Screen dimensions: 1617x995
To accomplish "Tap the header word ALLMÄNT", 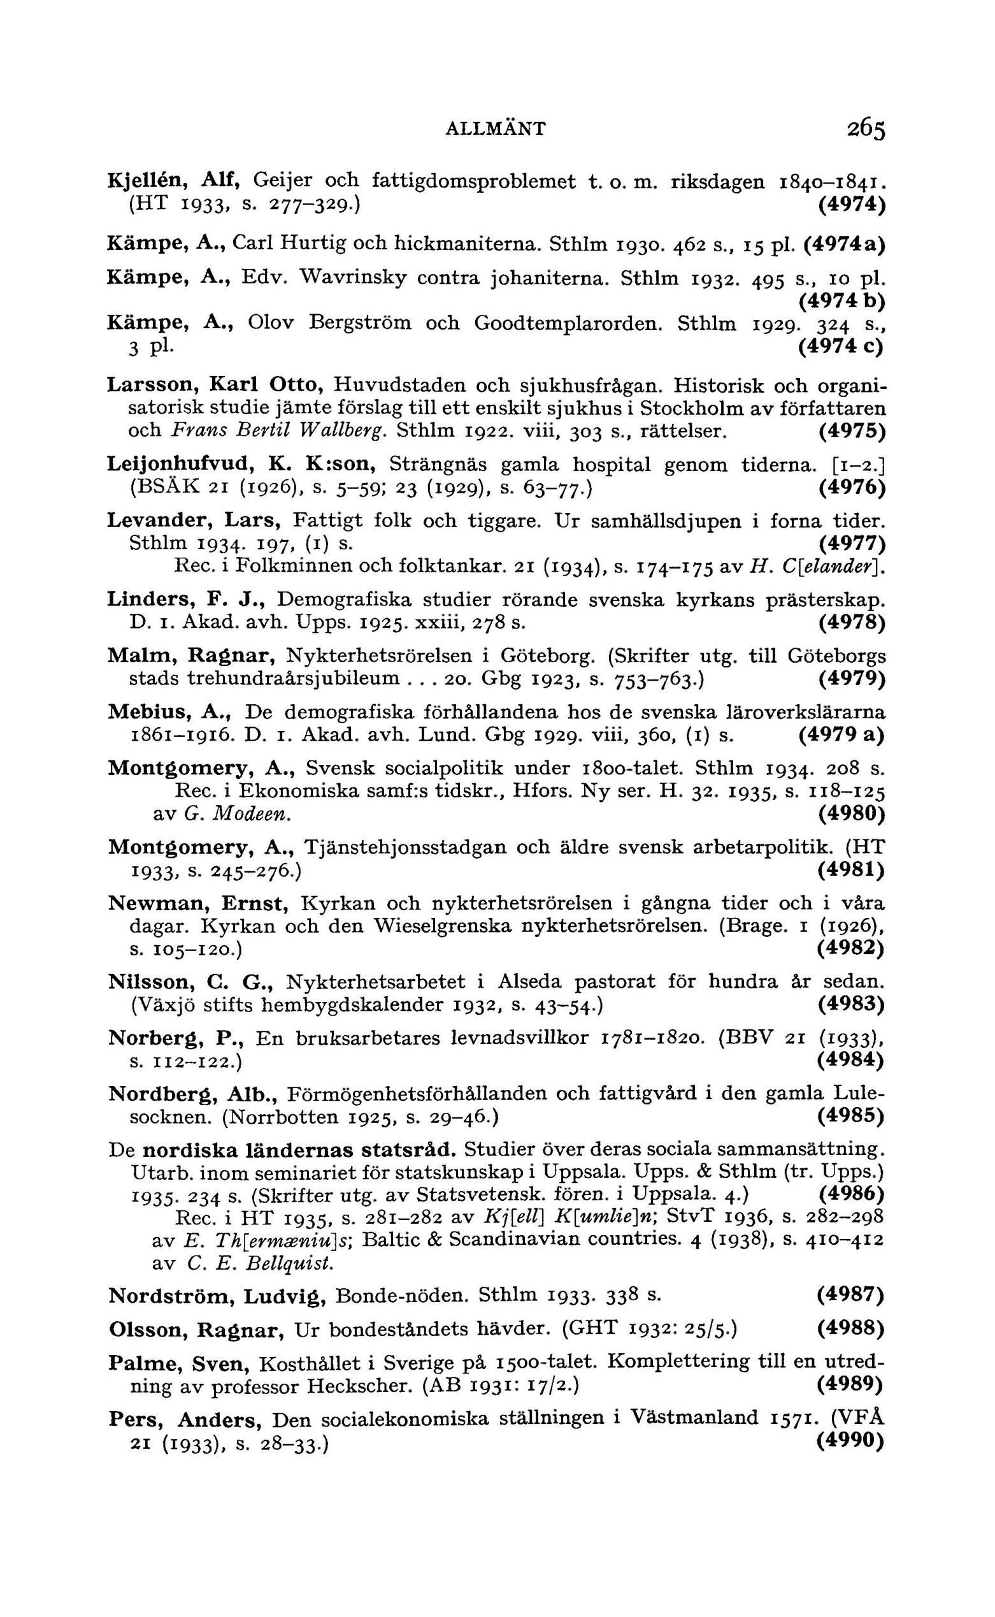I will [x=496, y=128].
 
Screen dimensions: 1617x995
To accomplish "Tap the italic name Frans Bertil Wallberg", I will [x=278, y=431].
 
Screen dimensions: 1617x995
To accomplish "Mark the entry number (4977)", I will [x=852, y=544].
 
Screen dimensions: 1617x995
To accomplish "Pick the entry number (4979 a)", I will [x=841, y=735].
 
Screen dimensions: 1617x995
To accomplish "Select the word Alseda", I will [x=530, y=982].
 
